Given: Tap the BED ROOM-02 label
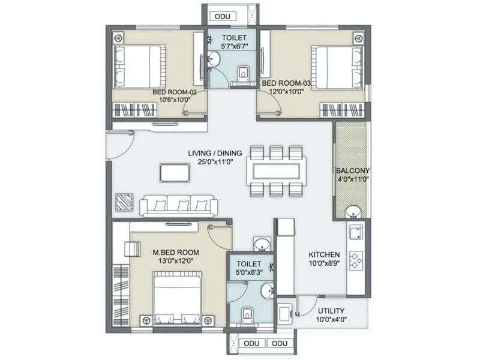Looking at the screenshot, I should pyautogui.click(x=175, y=92).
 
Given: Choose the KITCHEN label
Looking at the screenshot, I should pyautogui.click(x=325, y=254).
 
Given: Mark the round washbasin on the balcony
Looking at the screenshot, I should pyautogui.click(x=353, y=211).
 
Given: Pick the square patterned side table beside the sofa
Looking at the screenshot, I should pyautogui.click(x=125, y=202).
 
